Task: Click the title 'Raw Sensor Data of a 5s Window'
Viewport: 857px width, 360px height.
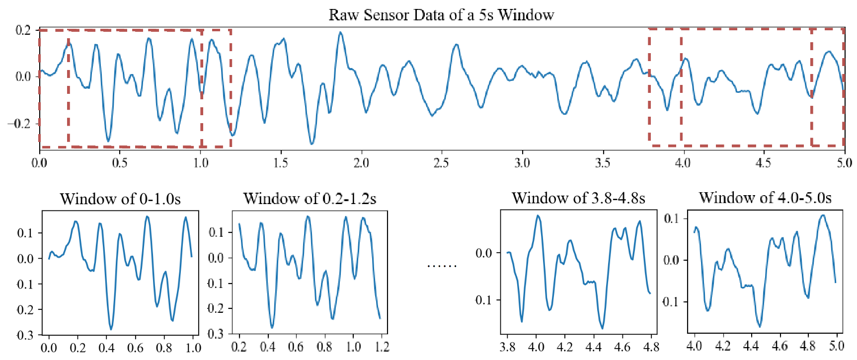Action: point(441,15)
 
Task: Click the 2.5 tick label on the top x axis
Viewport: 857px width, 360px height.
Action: point(441,163)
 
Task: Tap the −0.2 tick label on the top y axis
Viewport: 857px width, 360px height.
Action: point(19,124)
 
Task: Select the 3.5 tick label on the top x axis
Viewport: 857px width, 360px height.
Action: point(603,163)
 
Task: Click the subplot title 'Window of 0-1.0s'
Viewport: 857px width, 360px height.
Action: point(120,199)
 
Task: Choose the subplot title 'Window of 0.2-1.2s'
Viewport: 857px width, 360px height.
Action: point(310,199)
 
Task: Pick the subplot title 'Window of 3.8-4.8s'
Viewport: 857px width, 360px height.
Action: point(578,198)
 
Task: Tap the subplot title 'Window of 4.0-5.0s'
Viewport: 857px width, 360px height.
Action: point(765,198)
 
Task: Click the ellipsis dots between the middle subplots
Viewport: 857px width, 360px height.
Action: point(442,266)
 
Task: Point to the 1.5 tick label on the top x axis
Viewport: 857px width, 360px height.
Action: point(281,163)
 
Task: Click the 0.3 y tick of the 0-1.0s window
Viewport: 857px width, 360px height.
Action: point(25,336)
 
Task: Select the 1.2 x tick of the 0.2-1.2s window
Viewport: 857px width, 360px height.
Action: point(382,346)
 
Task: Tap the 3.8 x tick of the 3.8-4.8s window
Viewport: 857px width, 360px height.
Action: point(507,347)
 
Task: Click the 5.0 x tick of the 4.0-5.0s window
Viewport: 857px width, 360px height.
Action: point(837,346)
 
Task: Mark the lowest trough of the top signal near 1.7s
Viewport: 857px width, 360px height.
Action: point(312,144)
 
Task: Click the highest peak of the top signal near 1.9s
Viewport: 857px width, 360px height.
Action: point(340,33)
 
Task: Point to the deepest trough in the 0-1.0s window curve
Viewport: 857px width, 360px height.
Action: point(111,329)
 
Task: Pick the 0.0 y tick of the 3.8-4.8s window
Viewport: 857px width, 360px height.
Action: point(484,253)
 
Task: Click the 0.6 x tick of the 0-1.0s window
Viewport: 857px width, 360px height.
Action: point(135,348)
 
